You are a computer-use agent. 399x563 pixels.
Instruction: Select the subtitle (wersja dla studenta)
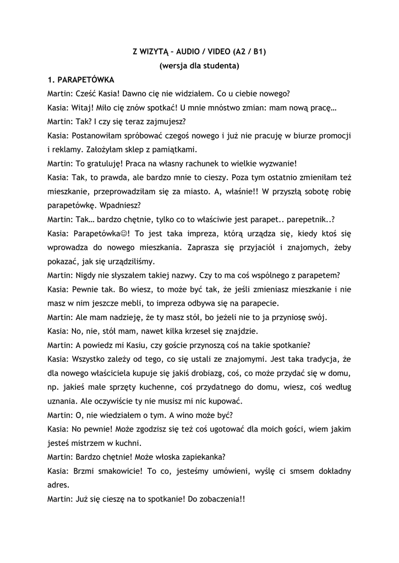click(x=199, y=67)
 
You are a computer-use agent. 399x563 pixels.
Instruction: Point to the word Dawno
click(x=128, y=93)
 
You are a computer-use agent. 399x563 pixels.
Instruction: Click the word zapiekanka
click(x=200, y=456)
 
